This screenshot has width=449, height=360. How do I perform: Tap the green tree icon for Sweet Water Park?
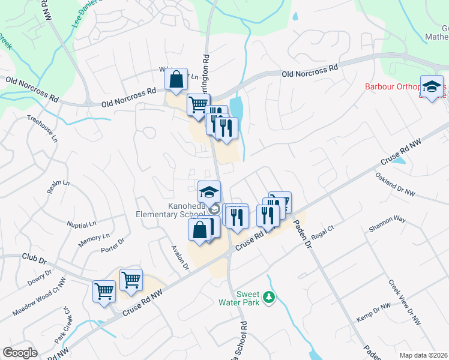270,296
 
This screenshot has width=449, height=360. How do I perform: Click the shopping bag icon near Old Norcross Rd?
176,80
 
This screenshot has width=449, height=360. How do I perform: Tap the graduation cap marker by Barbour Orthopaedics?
432,88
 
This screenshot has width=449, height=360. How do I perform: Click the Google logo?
20,353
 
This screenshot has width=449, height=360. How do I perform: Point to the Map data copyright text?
423,355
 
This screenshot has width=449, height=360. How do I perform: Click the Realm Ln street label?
55,187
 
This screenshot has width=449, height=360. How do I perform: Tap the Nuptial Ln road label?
82,225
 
